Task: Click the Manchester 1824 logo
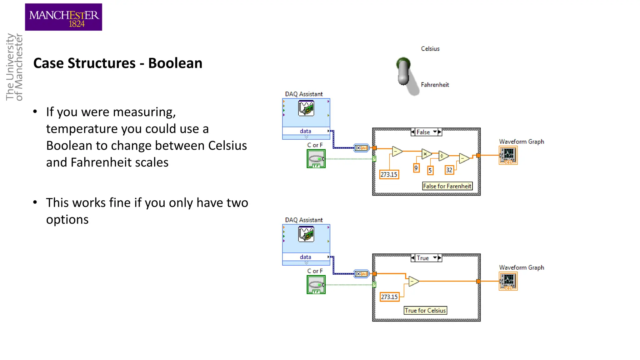[x=63, y=17]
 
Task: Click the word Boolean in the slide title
[x=175, y=63]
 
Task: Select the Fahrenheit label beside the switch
[x=435, y=85]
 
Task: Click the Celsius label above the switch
[x=430, y=49]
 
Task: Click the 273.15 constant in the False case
[x=389, y=174]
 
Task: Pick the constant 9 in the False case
[x=416, y=168]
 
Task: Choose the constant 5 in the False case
[x=430, y=170]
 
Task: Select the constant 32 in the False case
[x=449, y=170]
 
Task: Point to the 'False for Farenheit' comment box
[x=447, y=186]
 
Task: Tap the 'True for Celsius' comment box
[x=425, y=311]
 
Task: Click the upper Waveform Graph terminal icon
[x=508, y=155]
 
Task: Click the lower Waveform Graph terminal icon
[x=508, y=281]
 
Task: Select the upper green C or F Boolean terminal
[x=316, y=159]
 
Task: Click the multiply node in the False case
[x=426, y=154]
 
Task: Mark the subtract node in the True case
[x=413, y=281]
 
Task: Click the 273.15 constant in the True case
[x=389, y=297]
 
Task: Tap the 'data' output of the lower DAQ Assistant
[x=306, y=257]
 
